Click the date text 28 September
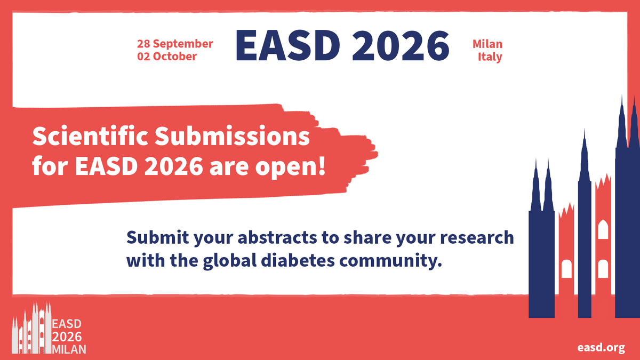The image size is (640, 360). (x=175, y=44)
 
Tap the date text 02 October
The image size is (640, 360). (x=167, y=57)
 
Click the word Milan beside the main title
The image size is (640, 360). (x=487, y=44)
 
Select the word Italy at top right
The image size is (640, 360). (x=490, y=57)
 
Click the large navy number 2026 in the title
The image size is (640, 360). (x=401, y=46)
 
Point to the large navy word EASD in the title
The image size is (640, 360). (x=287, y=46)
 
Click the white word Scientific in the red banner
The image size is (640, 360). (x=90, y=136)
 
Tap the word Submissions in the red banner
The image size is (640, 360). (x=233, y=136)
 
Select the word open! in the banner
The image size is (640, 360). (x=291, y=167)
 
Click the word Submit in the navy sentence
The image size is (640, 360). (x=158, y=237)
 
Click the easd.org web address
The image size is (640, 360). (x=601, y=348)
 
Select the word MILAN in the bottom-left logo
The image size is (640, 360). (x=69, y=349)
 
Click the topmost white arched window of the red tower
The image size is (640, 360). (x=603, y=229)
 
